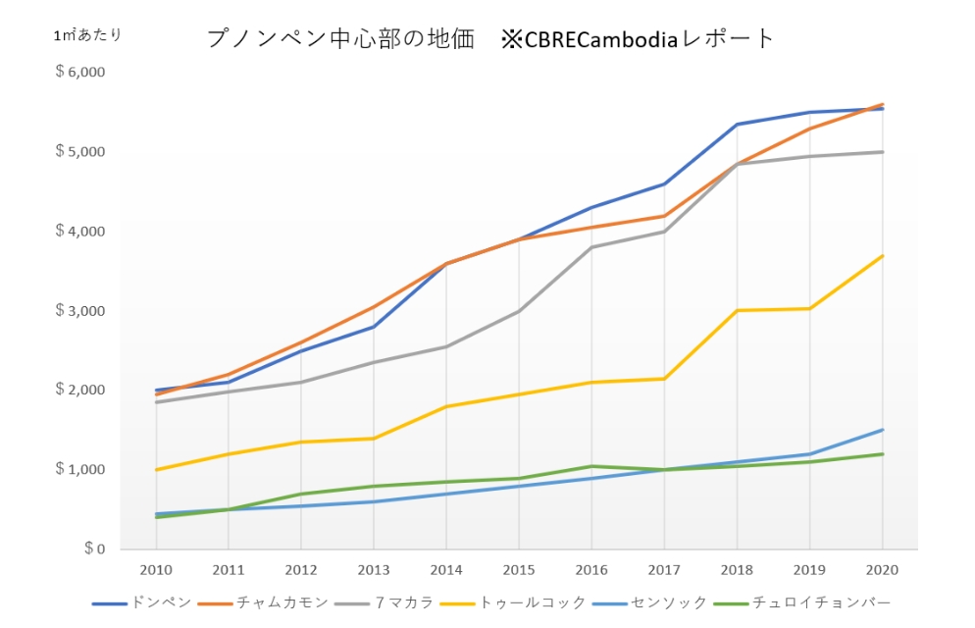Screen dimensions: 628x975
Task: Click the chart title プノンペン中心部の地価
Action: click(x=340, y=39)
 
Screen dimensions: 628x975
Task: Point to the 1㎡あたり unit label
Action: click(x=88, y=34)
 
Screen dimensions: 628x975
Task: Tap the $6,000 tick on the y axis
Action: click(x=80, y=73)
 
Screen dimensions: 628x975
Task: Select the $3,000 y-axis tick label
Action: click(x=80, y=311)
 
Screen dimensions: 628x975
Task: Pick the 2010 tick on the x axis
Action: click(x=155, y=569)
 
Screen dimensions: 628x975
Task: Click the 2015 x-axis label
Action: click(x=519, y=569)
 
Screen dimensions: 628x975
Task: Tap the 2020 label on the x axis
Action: click(x=882, y=569)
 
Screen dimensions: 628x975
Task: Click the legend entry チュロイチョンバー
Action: click(x=818, y=602)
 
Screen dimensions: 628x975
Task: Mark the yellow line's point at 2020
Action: click(x=882, y=256)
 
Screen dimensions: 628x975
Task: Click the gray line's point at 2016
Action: click(x=591, y=247)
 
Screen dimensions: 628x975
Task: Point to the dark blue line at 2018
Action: click(x=737, y=125)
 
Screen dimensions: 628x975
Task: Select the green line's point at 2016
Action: click(x=591, y=466)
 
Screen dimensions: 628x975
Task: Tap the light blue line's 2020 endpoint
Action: click(x=882, y=430)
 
